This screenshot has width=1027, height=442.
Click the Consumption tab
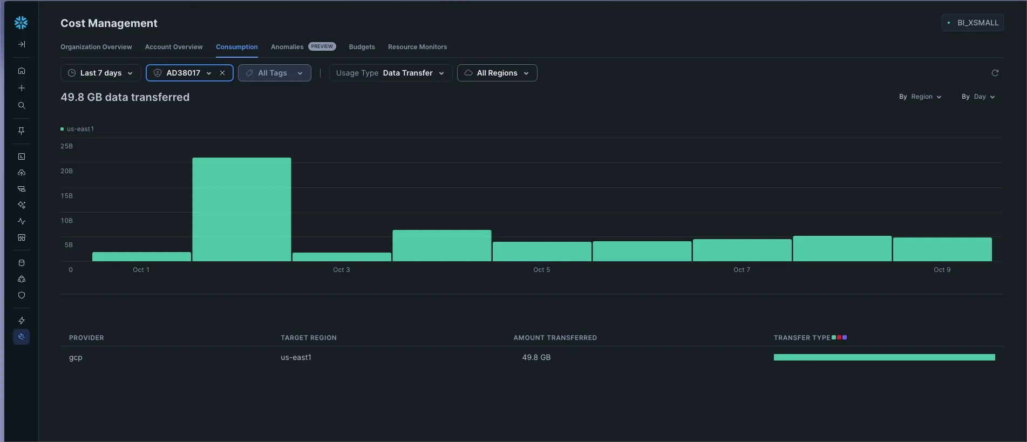tap(236, 47)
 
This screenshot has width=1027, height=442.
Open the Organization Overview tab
tap(96, 47)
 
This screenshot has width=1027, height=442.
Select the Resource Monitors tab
tap(417, 47)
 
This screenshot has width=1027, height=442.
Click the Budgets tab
tap(362, 47)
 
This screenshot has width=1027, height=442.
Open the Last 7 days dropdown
tap(101, 73)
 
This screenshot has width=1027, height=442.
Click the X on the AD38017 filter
tap(222, 73)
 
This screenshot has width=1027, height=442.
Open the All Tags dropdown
tap(274, 73)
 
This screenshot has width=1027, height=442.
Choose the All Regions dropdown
tap(497, 73)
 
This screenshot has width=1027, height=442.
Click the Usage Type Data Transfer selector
tap(390, 73)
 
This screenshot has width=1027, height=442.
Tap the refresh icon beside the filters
tap(995, 73)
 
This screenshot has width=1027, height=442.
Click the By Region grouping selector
tap(920, 97)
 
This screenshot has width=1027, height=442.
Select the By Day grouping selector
tap(978, 97)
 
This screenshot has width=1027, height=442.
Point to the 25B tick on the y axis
tap(67, 146)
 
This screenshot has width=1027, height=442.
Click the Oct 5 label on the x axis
tap(541, 270)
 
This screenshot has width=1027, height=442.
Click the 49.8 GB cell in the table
tap(536, 357)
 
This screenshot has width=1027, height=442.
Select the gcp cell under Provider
tap(76, 357)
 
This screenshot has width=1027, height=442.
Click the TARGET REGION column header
tap(308, 338)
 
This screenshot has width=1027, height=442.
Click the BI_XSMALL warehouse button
tap(972, 23)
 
